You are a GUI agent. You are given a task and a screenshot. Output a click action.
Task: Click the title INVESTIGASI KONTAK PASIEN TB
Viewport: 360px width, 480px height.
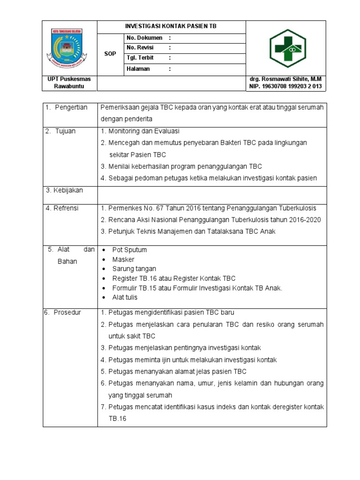point(171,27)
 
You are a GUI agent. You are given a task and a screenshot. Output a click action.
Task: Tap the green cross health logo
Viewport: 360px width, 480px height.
point(285,48)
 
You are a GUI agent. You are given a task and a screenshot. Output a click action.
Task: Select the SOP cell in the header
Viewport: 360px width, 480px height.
point(110,54)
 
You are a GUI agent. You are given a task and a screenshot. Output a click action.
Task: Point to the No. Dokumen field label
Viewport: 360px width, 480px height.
point(144,37)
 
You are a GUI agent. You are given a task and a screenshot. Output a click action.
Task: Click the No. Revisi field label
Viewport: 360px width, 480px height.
point(140,48)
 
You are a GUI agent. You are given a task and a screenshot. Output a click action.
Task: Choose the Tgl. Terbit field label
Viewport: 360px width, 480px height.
point(140,58)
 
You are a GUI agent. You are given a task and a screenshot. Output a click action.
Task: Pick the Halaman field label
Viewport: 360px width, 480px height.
point(138,69)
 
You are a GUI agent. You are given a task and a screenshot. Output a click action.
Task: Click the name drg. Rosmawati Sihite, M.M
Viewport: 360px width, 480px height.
point(285,79)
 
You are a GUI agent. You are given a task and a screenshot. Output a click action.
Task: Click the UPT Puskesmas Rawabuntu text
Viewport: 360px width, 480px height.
point(69,83)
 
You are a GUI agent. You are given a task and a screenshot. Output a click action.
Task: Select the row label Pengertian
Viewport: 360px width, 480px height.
point(71,108)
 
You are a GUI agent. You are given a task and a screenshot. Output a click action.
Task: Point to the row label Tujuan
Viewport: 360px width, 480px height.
point(65,131)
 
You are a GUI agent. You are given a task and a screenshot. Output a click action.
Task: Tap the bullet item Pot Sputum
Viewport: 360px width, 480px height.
point(129,250)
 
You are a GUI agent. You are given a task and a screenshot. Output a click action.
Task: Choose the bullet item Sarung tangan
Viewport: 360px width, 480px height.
point(134,269)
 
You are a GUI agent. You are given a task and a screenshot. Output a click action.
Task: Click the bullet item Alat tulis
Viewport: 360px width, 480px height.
point(125,297)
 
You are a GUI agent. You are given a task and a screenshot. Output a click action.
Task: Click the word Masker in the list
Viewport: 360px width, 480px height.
point(123,260)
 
